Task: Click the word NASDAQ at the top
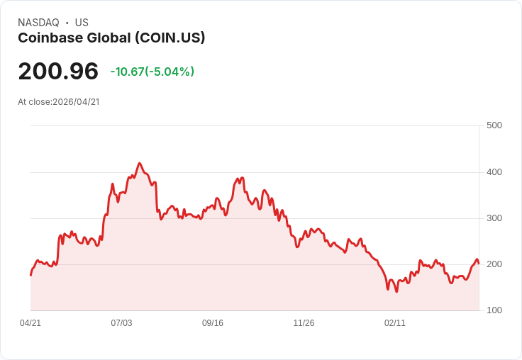(x=38, y=23)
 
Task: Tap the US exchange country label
(x=82, y=23)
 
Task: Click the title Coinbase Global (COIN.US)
(x=111, y=38)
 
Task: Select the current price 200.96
(x=58, y=72)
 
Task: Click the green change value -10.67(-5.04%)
(x=152, y=72)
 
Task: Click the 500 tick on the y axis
(x=494, y=125)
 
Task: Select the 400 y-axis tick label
(x=494, y=172)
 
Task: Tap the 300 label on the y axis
(x=494, y=218)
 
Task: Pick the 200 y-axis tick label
(x=494, y=264)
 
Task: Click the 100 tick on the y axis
(x=494, y=310)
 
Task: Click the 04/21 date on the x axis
(x=30, y=323)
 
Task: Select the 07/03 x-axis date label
(x=121, y=323)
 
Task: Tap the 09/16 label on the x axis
(x=213, y=323)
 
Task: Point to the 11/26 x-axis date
(x=304, y=323)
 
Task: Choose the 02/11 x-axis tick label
(x=395, y=323)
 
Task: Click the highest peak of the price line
(x=139, y=163)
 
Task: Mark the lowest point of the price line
(x=397, y=291)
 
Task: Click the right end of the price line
(x=479, y=264)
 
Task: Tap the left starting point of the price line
(x=30, y=275)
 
